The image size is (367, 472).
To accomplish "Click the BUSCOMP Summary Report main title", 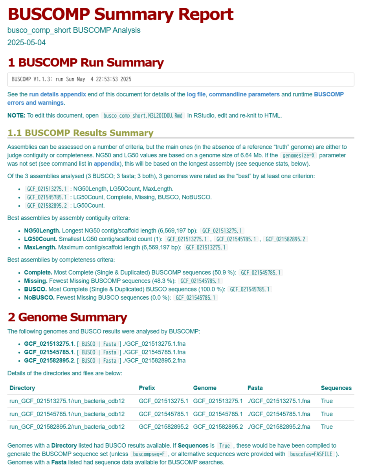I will [x=120, y=15].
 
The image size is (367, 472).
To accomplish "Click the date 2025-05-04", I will [x=26, y=42].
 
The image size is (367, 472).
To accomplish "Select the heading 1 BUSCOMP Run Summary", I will [x=85, y=63].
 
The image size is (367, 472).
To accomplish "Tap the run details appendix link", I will [x=57, y=94].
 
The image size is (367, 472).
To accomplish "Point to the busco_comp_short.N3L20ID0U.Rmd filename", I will [x=143, y=116].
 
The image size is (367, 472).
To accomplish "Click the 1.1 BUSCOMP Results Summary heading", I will [x=80, y=133].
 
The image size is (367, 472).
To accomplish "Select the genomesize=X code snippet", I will [x=299, y=155].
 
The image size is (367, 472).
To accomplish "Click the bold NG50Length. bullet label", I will [x=42, y=230].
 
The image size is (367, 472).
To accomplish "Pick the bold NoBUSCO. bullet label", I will [x=39, y=298].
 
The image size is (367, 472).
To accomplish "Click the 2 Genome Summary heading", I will [x=67, y=317].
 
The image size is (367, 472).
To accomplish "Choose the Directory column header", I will [x=22, y=388].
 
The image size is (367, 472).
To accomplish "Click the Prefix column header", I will [x=147, y=388].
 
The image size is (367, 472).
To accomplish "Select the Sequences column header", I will [x=336, y=388].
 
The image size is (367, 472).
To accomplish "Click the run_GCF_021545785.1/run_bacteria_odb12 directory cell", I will [x=67, y=414].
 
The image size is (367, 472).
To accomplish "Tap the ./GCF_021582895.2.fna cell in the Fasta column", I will [x=279, y=427].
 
